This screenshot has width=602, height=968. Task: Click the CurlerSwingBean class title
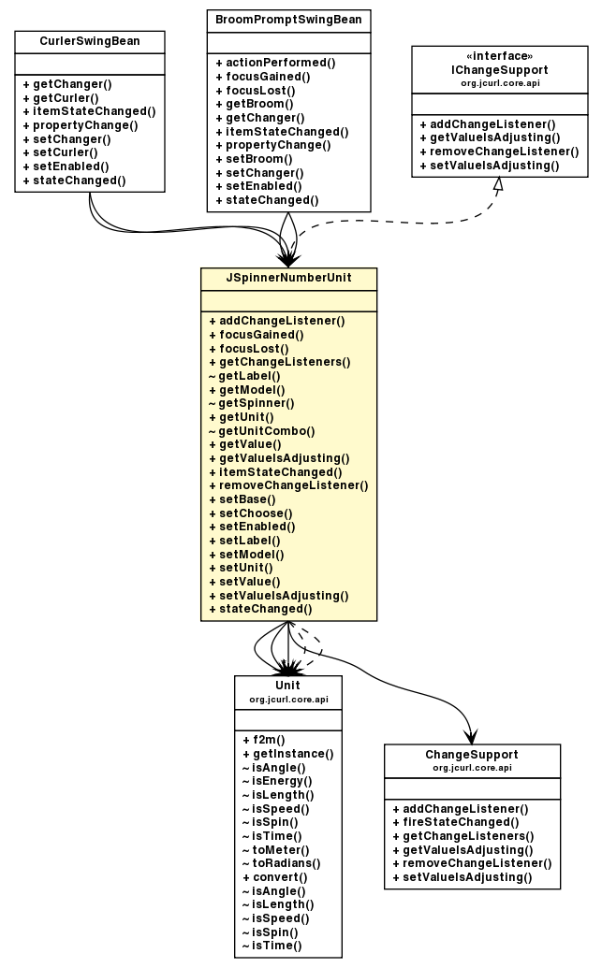[90, 42]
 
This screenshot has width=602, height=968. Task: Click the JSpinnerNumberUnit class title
[288, 279]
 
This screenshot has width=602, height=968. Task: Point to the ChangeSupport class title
[472, 755]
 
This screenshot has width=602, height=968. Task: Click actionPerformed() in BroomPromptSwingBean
[274, 62]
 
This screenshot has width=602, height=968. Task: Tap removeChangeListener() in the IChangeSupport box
[499, 152]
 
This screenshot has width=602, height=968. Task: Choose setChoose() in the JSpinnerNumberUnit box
[250, 513]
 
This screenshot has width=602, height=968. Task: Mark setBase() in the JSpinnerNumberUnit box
[245, 499]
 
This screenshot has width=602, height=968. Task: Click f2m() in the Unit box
[257, 739]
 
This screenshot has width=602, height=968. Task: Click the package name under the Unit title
[288, 700]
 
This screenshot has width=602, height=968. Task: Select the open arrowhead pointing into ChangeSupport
[471, 735]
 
